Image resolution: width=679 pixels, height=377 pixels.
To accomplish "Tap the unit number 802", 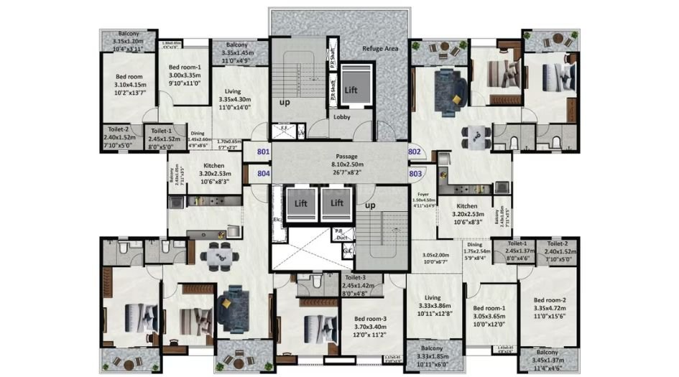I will click(415, 152).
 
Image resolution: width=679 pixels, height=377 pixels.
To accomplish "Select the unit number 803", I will click(415, 172).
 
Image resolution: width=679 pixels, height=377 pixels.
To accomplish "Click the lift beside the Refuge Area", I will click(351, 90).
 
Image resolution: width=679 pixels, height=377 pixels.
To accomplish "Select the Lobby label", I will click(341, 116).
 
